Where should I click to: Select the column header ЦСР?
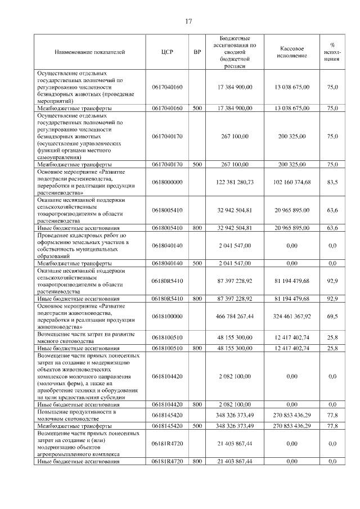167,52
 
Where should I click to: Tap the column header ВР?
197,52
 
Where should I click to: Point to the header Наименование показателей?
90,52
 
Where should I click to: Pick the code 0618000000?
167,182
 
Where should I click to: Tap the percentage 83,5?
332,182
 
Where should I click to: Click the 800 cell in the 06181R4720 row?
197,461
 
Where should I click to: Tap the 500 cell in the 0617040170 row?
197,164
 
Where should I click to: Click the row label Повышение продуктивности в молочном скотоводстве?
76,415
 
